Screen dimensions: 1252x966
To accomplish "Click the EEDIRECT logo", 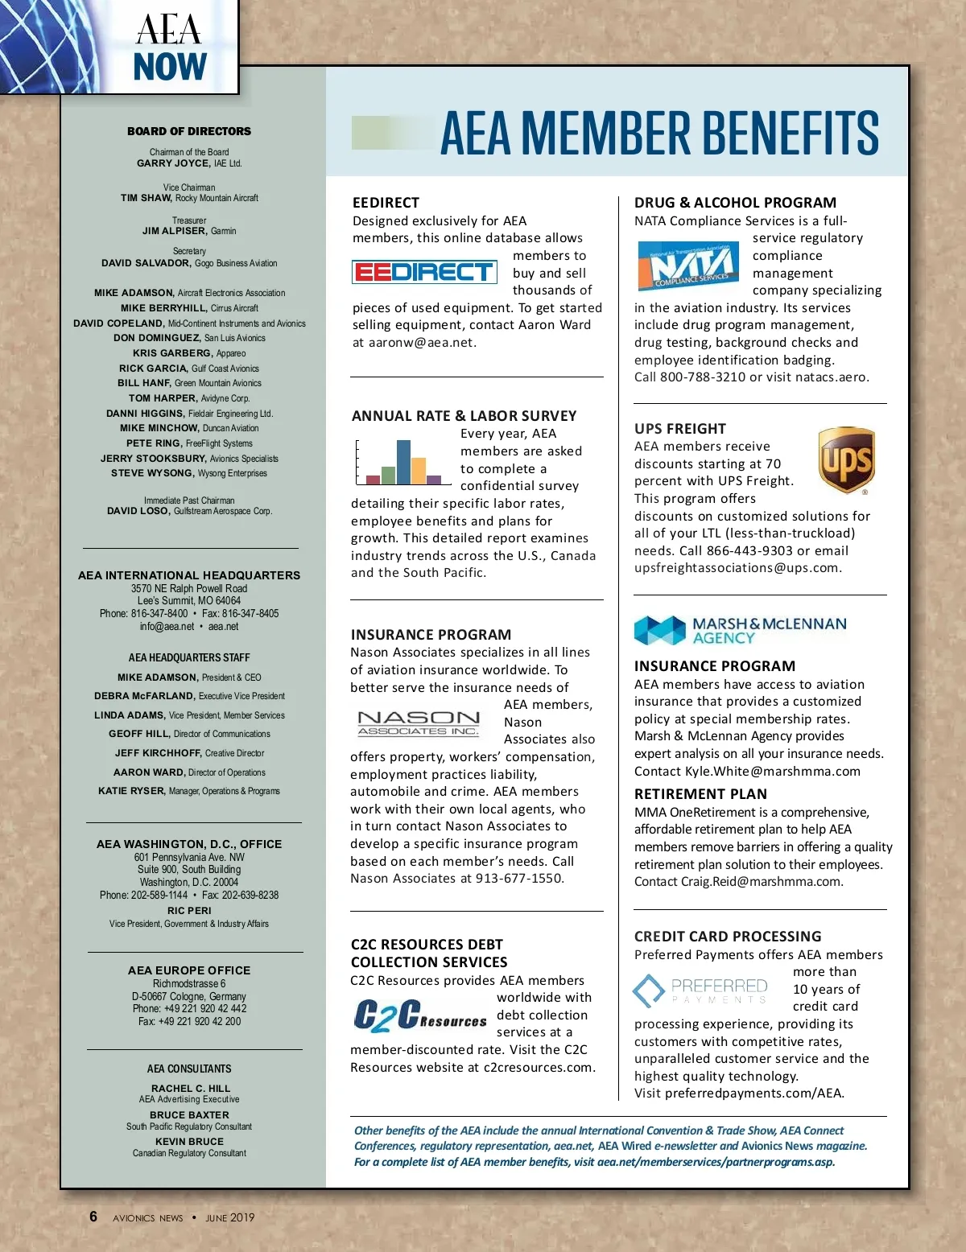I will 424,272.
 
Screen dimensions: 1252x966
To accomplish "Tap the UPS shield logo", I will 846,460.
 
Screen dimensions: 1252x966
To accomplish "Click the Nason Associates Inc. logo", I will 419,723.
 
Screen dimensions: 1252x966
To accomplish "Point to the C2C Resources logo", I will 419,1015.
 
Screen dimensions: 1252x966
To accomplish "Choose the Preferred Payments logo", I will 700,990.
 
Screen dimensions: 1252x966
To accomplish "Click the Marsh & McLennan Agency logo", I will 740,631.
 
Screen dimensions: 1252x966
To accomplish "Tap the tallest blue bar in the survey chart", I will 403,461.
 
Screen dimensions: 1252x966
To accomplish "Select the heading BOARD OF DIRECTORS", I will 189,131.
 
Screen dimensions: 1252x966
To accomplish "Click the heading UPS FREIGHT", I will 679,429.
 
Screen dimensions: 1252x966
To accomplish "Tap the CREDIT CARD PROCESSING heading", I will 728,937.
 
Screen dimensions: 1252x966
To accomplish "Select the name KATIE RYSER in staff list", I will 131,791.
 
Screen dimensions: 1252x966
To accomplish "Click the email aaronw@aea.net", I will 421,343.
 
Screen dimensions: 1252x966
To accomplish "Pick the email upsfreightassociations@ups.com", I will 736,568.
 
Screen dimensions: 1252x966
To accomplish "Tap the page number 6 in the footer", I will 93,1217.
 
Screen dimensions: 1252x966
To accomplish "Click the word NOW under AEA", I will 170,67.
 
